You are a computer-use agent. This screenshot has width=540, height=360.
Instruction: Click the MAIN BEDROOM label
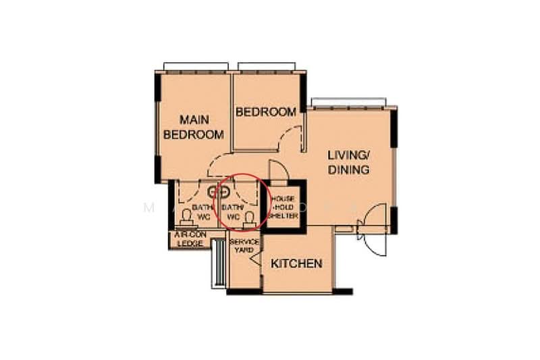[x=194, y=127]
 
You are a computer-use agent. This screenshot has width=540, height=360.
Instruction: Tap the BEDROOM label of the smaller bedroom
[x=265, y=112]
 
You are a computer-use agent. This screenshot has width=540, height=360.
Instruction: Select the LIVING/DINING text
[x=348, y=162]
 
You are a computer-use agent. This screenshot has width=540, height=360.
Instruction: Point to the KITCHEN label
[x=296, y=263]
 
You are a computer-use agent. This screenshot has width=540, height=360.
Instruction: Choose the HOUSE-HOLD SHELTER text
[x=284, y=207]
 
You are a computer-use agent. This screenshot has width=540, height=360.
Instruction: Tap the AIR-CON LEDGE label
[x=189, y=239]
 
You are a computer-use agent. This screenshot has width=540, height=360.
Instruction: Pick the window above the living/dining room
[x=348, y=103]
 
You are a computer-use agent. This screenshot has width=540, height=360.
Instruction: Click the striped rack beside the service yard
[x=219, y=263]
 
